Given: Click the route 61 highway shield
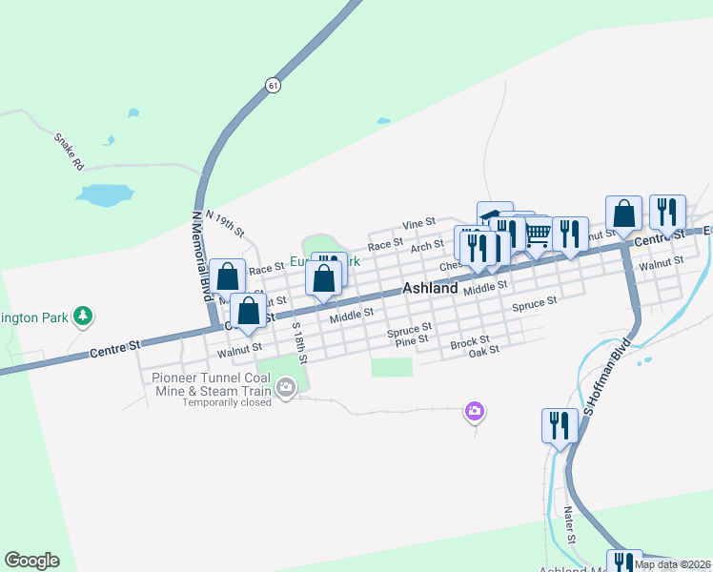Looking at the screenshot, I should pos(274,85).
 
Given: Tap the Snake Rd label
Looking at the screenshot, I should pos(69,151).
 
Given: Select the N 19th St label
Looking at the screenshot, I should pos(225,226).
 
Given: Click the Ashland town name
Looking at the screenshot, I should pos(430,288).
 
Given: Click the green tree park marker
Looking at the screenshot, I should pos(84,316).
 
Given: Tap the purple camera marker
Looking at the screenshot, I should pos(474,411).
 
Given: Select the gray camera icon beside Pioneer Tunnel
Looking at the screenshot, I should pos(286,387).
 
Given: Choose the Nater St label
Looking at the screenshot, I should pos(571,525).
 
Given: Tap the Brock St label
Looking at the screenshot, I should pos(470,341).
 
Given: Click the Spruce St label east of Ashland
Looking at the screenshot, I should pos(534,304).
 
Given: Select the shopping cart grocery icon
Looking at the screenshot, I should pos(538,233).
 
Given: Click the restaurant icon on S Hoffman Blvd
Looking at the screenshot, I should pos(559,424).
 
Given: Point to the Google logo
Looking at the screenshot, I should pos(31,561).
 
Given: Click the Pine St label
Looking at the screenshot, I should pos(411,339).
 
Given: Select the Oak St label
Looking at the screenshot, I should pos(484,352).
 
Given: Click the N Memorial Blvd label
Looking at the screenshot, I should pos(201,255).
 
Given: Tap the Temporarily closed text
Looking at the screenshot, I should pos(227,401).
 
